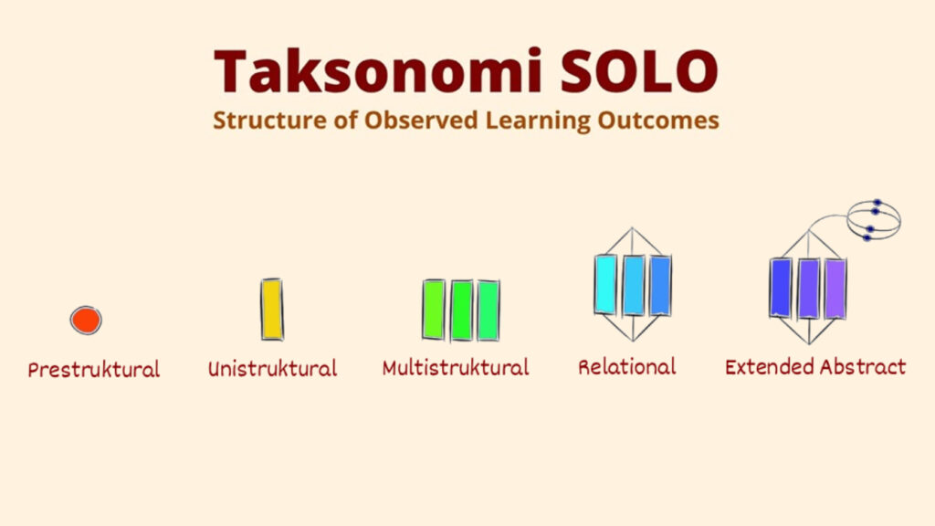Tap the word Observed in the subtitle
coord(415,120)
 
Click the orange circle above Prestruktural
coord(86,320)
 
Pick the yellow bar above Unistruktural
coord(272,310)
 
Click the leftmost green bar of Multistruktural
coord(434,310)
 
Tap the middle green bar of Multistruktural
coord(462,310)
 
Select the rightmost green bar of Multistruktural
coord(489,310)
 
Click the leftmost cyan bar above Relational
coord(605,285)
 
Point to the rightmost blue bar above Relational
coord(660,285)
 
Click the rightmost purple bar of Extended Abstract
coord(835,288)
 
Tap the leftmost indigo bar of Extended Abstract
coord(781,288)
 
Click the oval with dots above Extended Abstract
coord(874,219)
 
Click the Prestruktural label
coord(93,370)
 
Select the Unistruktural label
coord(272,369)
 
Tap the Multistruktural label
coord(455,368)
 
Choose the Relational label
coord(626,367)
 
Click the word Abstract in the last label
coord(863,367)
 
